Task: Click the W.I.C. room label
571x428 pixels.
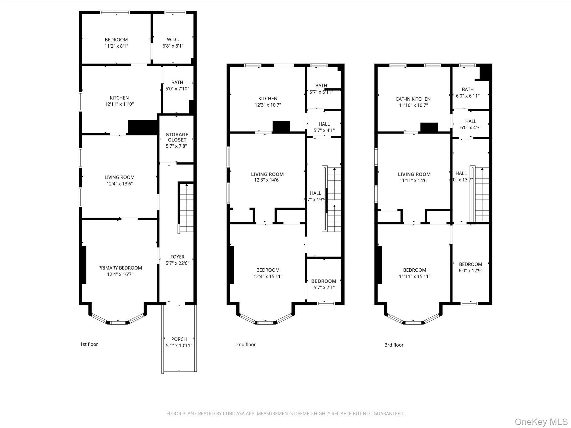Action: point(173,40)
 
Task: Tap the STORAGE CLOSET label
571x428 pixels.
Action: point(177,137)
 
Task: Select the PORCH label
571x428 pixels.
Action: point(179,339)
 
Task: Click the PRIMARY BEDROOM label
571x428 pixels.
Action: point(120,268)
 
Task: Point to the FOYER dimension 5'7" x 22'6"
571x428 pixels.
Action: point(177,263)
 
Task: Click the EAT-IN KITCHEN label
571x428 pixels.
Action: point(413,99)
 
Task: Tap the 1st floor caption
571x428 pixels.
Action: point(89,344)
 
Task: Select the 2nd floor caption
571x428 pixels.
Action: point(246,344)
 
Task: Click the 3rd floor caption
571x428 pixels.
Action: point(394,345)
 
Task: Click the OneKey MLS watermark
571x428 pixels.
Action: point(541,422)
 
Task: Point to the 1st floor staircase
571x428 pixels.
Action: point(186,208)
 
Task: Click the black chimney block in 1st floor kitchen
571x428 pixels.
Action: point(143,127)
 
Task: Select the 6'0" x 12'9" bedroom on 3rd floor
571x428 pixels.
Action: point(470,267)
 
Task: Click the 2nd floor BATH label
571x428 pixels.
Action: point(321,86)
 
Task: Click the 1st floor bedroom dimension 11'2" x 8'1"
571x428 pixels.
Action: point(116,46)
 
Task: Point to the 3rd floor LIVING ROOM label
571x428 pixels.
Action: point(414,174)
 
